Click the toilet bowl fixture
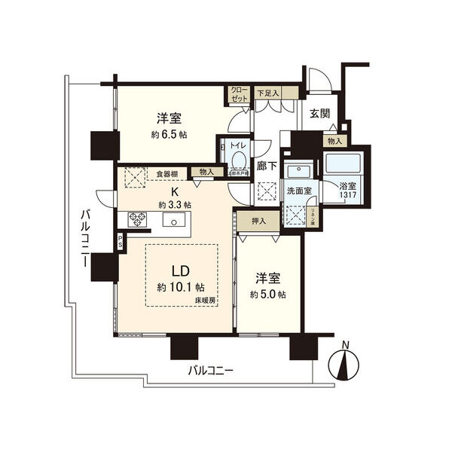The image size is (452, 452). pos(238,160)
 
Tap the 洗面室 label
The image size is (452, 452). pos(300,191)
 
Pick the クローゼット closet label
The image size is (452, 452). pos(240,95)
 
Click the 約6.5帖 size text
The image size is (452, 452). pos(169,134)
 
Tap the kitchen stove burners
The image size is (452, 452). pos(136,219)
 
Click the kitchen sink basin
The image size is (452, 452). pos(173,221)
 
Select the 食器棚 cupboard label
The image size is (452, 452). pos(168,173)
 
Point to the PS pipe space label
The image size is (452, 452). pos(120,242)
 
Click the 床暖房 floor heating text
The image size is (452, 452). pos(203,301)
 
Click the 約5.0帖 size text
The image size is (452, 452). pos(270,294)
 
